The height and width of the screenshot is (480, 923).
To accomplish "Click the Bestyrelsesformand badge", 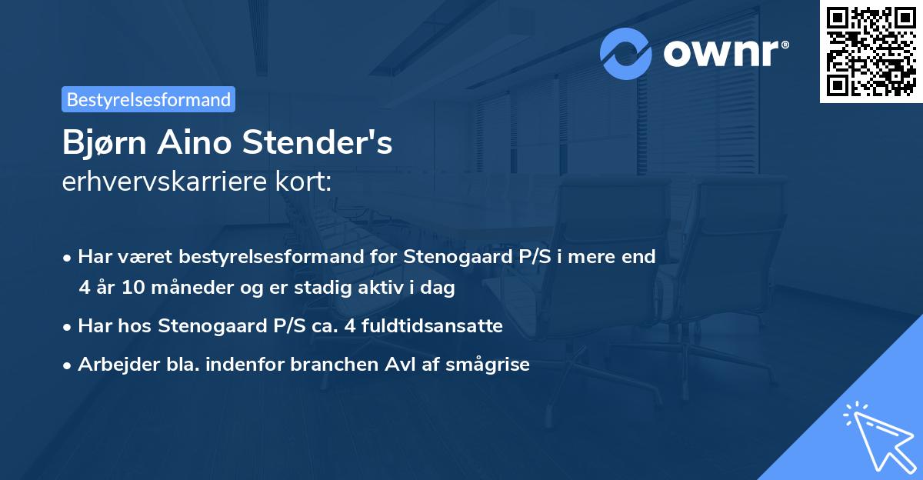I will [148, 99].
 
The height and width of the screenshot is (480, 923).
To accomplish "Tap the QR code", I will [871, 52].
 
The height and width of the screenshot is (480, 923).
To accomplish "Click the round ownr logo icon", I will [626, 53].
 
